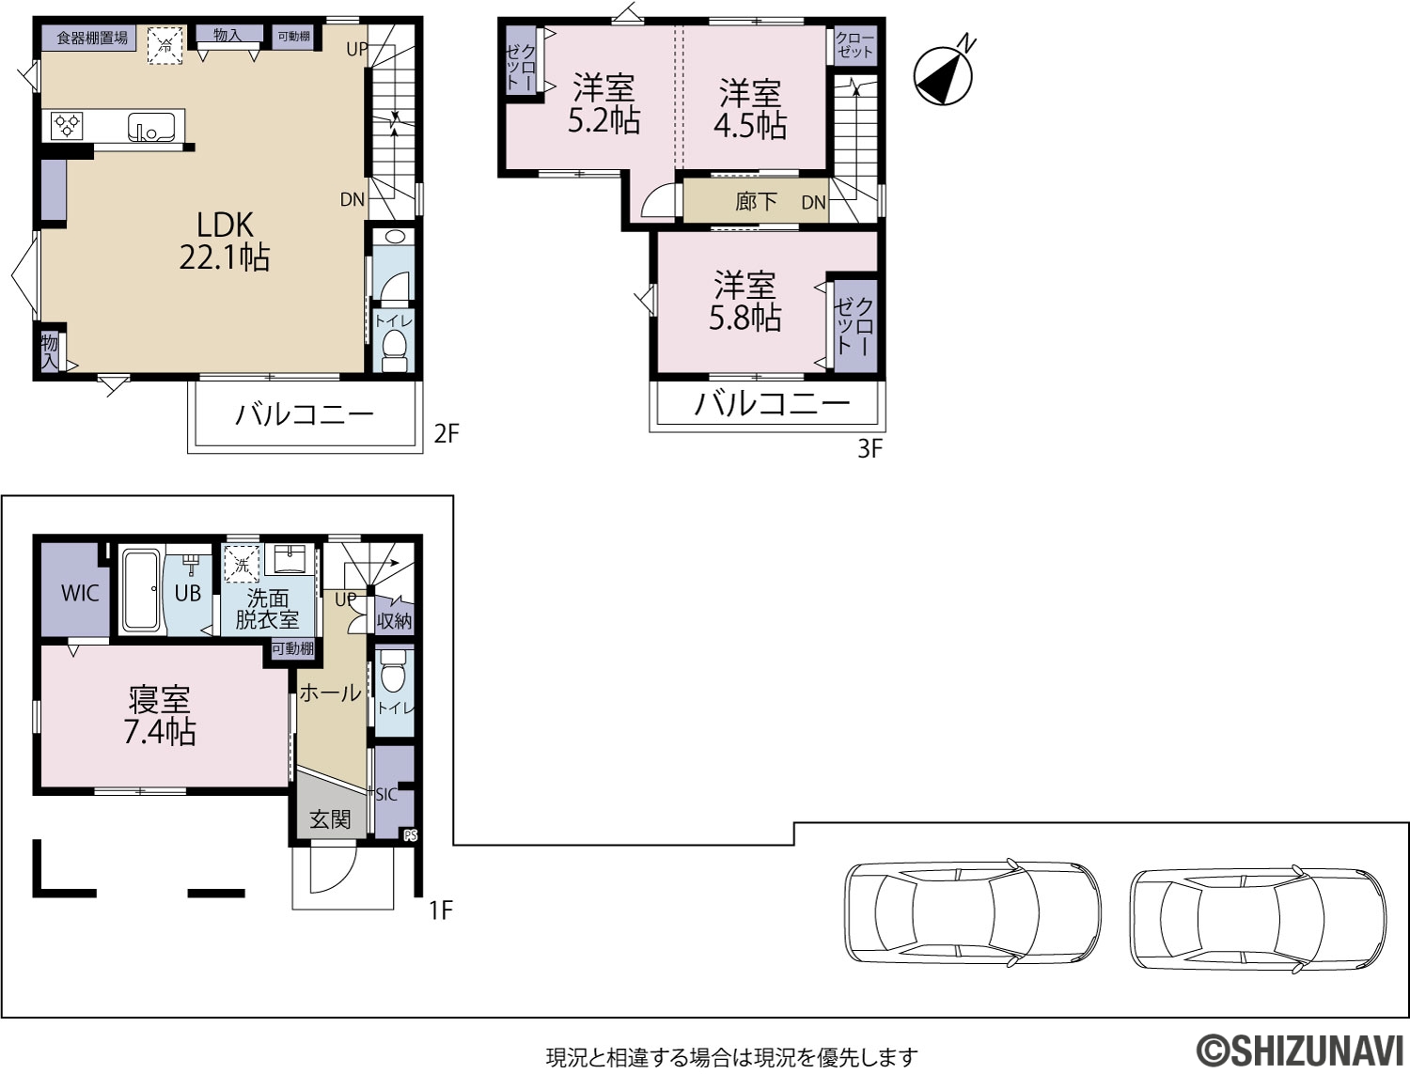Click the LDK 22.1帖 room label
coord(224,241)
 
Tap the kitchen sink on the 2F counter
coord(151,127)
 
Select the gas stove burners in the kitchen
coord(67,126)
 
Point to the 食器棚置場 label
coord(92,38)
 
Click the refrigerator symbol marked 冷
coord(165,45)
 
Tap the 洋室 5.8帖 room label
coord(745,302)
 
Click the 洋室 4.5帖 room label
coord(749,109)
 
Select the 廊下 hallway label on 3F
coord(756,202)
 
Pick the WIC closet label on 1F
coord(80,593)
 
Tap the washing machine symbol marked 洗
coord(242,565)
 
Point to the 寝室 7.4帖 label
coord(159,716)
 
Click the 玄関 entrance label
coord(330,819)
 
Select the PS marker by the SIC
coord(411,835)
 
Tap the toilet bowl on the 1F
coord(391,675)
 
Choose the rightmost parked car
coord(1258,919)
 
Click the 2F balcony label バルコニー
coord(305,414)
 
